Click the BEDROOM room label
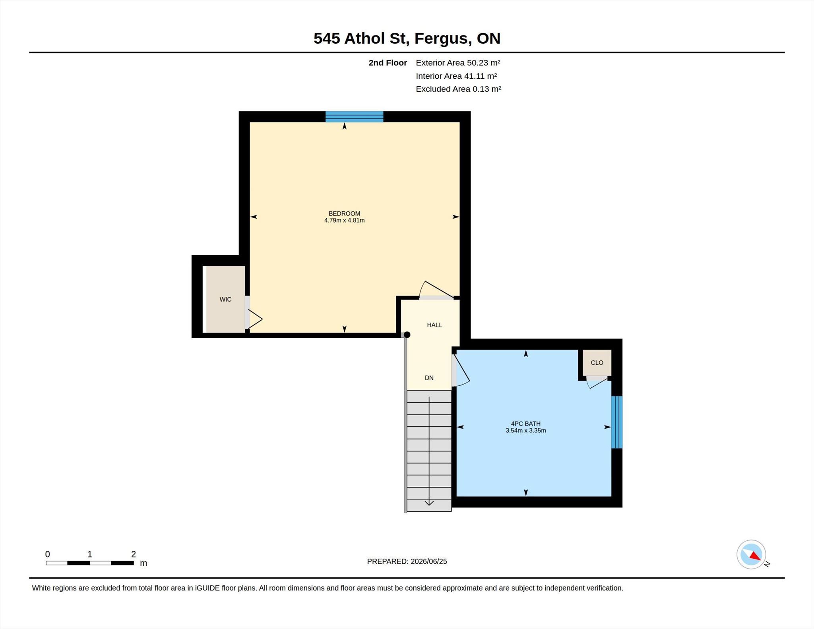(344, 213)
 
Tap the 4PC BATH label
(525, 424)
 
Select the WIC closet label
(225, 300)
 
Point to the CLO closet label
(597, 362)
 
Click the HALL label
(434, 325)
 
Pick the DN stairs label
(429, 378)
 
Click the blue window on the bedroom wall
(355, 117)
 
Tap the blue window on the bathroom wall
(617, 422)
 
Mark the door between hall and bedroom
(436, 290)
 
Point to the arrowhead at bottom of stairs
(429, 503)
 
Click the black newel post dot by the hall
(407, 335)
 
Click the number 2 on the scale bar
(134, 554)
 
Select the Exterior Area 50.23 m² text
(458, 63)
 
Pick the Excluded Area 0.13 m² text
(458, 89)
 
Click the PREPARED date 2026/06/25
(429, 561)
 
